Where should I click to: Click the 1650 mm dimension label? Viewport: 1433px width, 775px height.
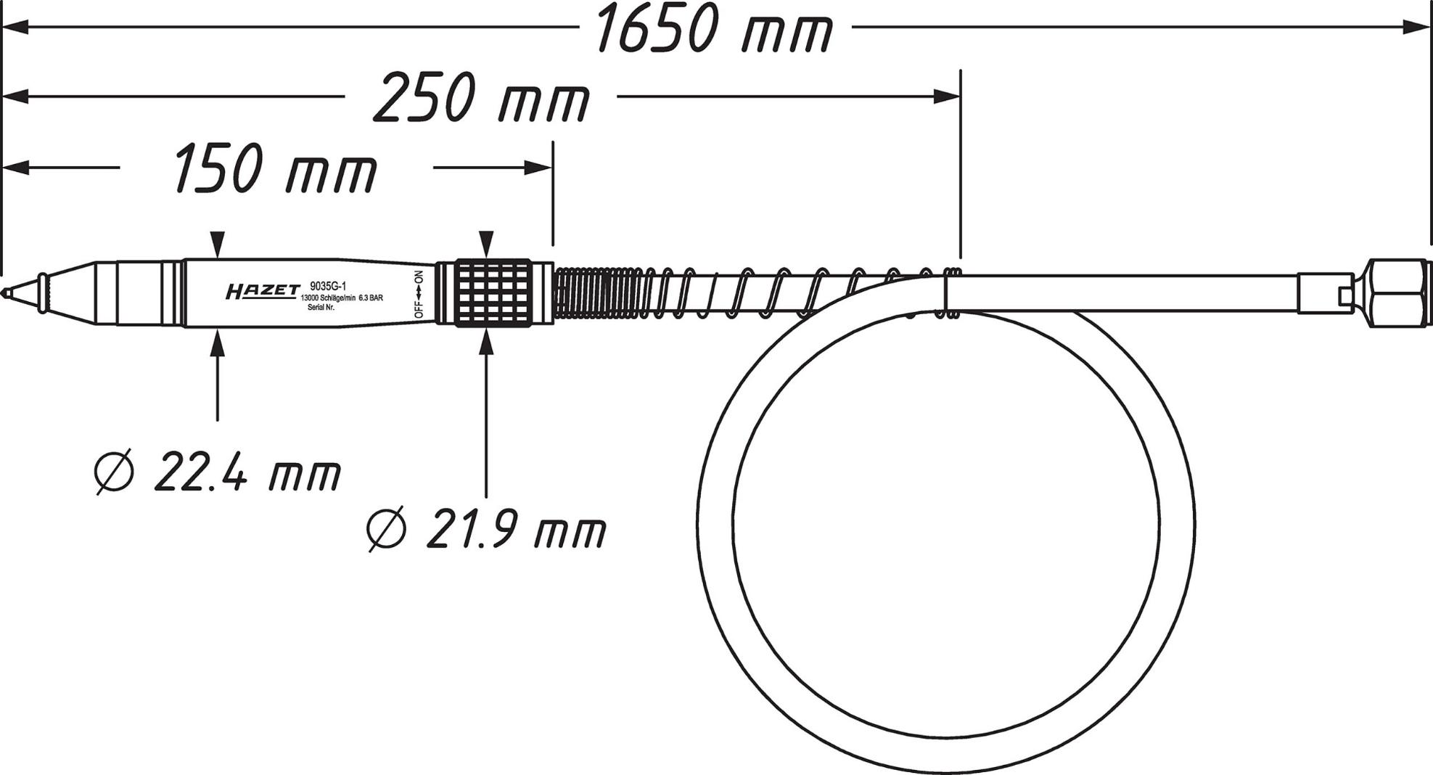(x=714, y=29)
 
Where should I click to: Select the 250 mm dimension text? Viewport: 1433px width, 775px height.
(x=482, y=97)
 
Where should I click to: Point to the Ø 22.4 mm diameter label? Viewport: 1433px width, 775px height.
(x=218, y=472)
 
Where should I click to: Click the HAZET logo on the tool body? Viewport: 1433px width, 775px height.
(x=262, y=292)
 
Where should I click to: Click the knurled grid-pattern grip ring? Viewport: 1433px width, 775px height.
(x=493, y=292)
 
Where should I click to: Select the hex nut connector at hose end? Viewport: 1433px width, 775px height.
(x=1398, y=293)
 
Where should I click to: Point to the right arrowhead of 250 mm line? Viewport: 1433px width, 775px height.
(x=947, y=97)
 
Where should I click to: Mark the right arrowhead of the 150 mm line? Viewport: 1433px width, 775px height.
(x=538, y=168)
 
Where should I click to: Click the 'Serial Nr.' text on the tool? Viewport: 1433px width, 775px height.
(x=321, y=308)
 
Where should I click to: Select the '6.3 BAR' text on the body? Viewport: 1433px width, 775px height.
(x=370, y=298)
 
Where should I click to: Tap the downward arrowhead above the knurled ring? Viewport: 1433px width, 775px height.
(x=487, y=242)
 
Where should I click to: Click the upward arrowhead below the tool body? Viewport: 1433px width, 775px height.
(x=218, y=342)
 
